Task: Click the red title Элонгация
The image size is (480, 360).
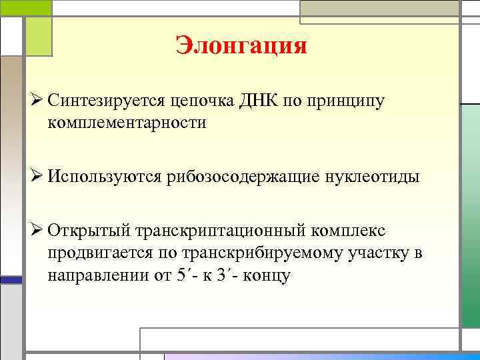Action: pyautogui.click(x=241, y=46)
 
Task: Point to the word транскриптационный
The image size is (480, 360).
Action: pyautogui.click(x=222, y=231)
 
